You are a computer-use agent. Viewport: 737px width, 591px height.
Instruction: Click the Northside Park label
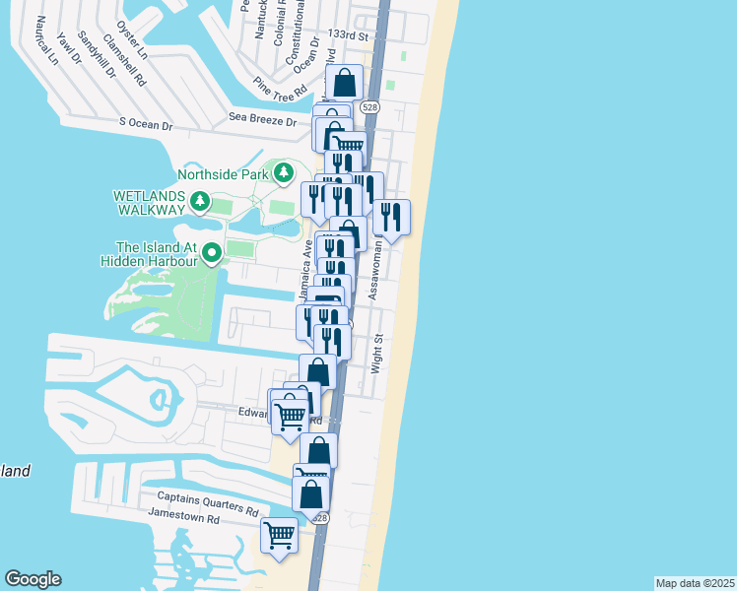coord(224,175)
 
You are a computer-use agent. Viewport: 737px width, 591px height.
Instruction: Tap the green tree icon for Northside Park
coord(285,174)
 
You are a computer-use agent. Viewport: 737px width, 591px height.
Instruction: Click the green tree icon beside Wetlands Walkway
coord(200,203)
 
